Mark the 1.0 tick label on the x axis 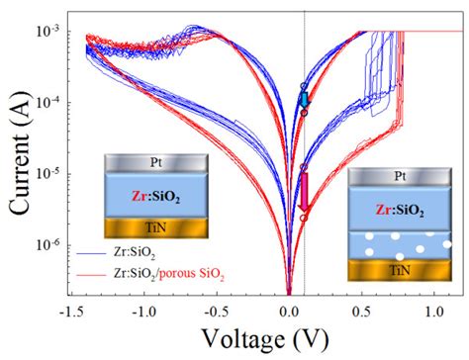click(x=432, y=309)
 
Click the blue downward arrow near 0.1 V click(x=305, y=98)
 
